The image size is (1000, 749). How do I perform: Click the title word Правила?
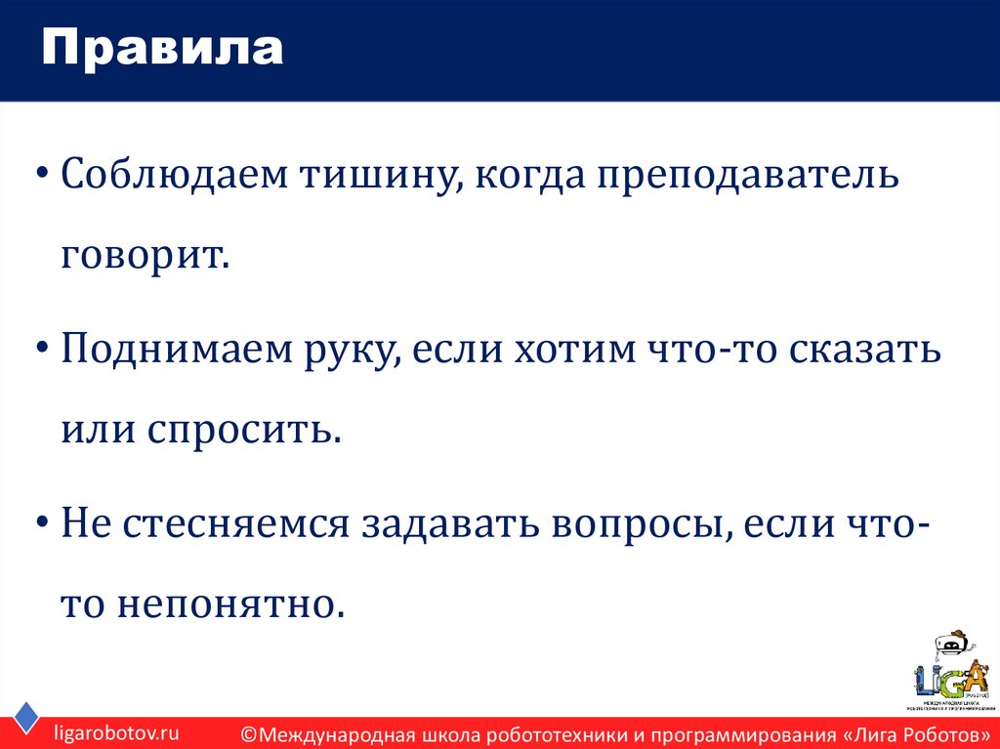pyautogui.click(x=162, y=50)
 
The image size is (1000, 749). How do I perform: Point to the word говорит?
pyautogui.click(x=145, y=256)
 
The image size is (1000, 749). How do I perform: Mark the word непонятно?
pyautogui.click(x=232, y=603)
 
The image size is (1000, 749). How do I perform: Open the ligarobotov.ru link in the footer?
pyautogui.click(x=116, y=731)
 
